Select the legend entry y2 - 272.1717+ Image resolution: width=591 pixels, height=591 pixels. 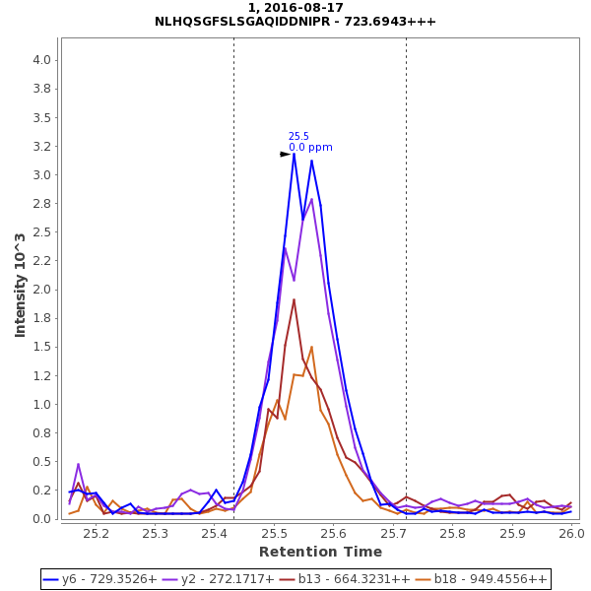coord(226,579)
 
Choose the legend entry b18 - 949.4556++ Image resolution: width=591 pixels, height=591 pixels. coord(476,579)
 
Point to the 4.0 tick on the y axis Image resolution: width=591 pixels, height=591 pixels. coord(41,60)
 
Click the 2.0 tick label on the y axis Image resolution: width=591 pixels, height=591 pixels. coord(41,290)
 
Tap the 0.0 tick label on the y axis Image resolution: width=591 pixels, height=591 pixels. coord(41,519)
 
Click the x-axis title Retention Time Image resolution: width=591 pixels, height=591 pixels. coord(320,552)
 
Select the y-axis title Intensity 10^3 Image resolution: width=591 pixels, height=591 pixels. coord(21,286)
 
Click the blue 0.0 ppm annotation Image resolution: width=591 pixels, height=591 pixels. coord(310,148)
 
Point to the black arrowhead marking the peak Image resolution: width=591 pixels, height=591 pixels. coord(285,154)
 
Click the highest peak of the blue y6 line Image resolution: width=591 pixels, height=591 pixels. coord(294,153)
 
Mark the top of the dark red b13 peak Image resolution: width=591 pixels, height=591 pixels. coord(294,299)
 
